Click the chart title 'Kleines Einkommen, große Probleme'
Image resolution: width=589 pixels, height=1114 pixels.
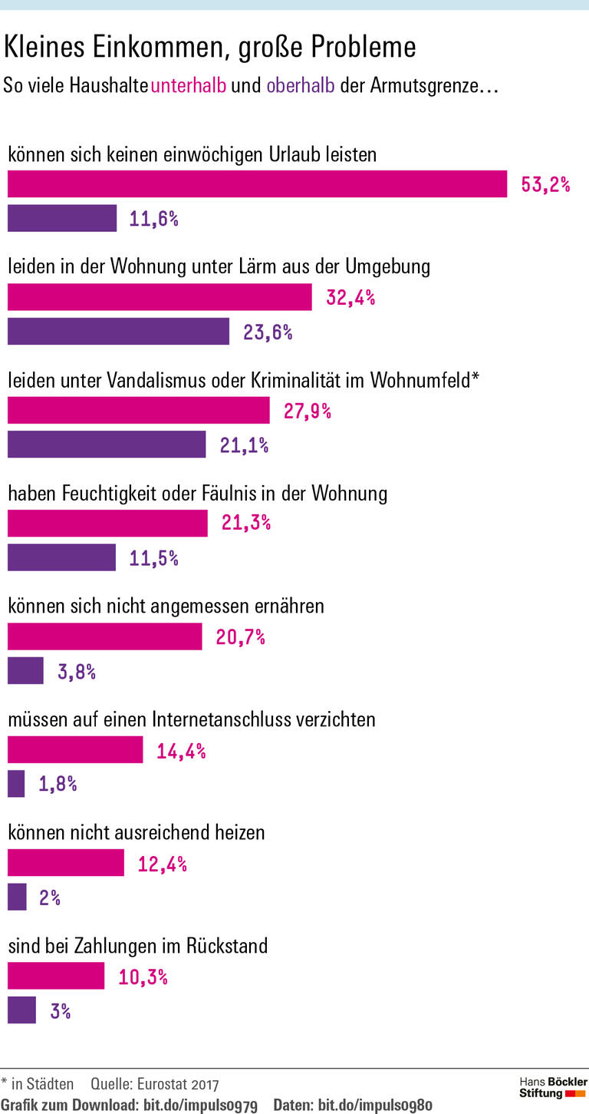[210, 48]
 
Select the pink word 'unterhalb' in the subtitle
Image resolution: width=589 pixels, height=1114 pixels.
[189, 85]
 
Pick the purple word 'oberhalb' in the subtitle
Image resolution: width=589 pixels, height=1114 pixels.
[301, 85]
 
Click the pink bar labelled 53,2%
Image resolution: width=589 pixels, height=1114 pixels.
[257, 184]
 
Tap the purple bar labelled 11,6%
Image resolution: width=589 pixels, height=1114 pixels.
[62, 219]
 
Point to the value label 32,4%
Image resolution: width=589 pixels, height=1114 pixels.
[350, 298]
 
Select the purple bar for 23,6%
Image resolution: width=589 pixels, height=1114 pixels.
[118, 332]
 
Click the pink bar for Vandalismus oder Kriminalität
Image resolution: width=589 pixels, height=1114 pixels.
[138, 411]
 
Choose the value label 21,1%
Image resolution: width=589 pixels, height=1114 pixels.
[244, 445]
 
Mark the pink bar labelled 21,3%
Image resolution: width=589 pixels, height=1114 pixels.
[107, 524]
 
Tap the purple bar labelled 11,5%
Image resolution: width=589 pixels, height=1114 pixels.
[61, 557]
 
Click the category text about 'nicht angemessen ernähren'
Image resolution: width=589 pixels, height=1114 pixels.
[166, 606]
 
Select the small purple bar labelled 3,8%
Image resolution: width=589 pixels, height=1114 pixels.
[25, 671]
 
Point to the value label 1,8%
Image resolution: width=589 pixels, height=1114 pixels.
[58, 784]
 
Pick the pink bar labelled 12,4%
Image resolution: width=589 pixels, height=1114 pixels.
[65, 863]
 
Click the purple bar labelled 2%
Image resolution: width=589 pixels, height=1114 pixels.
[17, 897]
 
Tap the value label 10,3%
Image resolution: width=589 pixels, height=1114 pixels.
[143, 977]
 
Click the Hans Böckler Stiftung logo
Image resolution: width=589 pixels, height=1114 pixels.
[552, 1088]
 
